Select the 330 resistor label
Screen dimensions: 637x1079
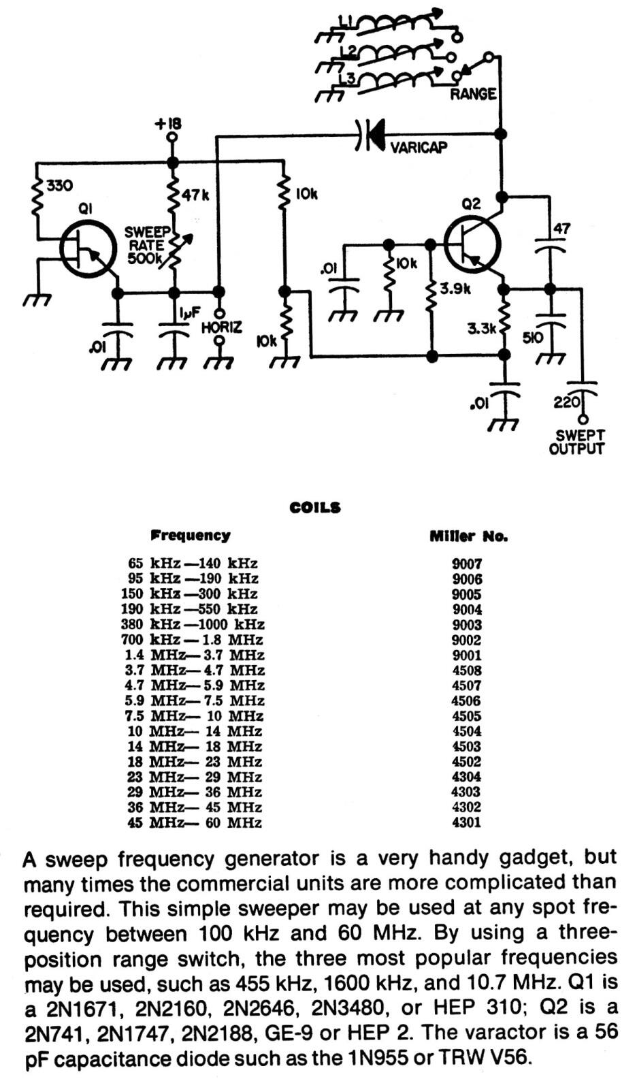(x=59, y=185)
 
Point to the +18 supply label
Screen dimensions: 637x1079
(x=168, y=124)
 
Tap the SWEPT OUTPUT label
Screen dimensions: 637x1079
(x=576, y=442)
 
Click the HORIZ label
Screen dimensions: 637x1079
(x=221, y=327)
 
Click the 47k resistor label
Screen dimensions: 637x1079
(x=195, y=195)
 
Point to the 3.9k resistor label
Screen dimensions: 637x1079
(x=455, y=289)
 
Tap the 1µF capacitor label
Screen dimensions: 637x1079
(x=190, y=313)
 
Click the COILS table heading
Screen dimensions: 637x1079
(x=315, y=508)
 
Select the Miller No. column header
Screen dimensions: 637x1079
(x=468, y=536)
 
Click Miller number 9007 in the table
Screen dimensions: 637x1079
(x=467, y=564)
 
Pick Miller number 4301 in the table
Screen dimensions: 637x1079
(x=467, y=822)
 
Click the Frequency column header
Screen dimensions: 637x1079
(x=191, y=536)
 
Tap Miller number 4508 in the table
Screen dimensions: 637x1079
(x=467, y=670)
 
